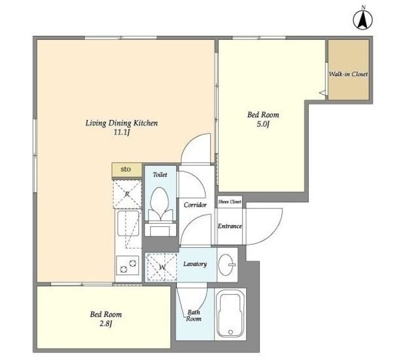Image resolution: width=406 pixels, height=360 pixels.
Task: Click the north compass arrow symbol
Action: click(x=363, y=20)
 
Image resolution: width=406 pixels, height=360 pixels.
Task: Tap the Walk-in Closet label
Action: click(x=348, y=74)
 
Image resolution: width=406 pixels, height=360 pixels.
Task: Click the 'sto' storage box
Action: click(x=127, y=170)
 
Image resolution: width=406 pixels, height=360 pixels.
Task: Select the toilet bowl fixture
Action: click(x=160, y=203)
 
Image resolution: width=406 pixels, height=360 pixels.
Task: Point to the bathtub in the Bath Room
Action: click(x=230, y=314)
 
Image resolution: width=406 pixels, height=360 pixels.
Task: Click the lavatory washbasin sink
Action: click(x=227, y=264)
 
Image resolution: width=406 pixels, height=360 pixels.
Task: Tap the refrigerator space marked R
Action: click(x=128, y=194)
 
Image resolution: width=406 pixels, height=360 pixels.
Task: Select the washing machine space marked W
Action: click(x=162, y=267)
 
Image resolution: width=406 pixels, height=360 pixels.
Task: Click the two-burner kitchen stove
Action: click(x=128, y=266)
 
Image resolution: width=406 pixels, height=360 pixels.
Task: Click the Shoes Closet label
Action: click(x=230, y=202)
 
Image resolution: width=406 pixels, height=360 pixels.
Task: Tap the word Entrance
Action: click(x=230, y=226)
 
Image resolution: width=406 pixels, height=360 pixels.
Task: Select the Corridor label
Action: click(x=195, y=205)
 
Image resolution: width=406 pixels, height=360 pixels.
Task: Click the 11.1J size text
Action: click(x=121, y=132)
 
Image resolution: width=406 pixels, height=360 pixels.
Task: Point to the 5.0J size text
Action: click(x=263, y=124)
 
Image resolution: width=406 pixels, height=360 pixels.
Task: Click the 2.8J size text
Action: click(x=106, y=323)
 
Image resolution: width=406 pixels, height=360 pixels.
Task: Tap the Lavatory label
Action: click(x=195, y=264)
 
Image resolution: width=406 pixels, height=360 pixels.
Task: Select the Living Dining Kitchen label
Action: click(x=121, y=123)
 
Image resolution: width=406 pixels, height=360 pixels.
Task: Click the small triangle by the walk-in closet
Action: click(x=322, y=93)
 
